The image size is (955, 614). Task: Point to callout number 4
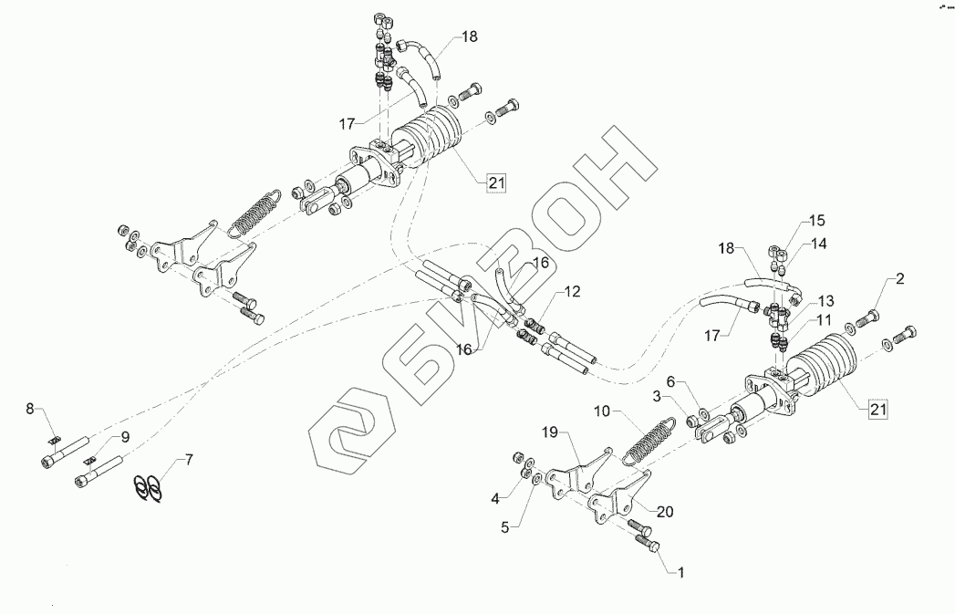point(494,499)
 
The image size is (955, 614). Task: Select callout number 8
point(30,410)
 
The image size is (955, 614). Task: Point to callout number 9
point(124,437)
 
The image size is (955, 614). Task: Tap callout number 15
point(815,221)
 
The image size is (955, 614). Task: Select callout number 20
point(664,512)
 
